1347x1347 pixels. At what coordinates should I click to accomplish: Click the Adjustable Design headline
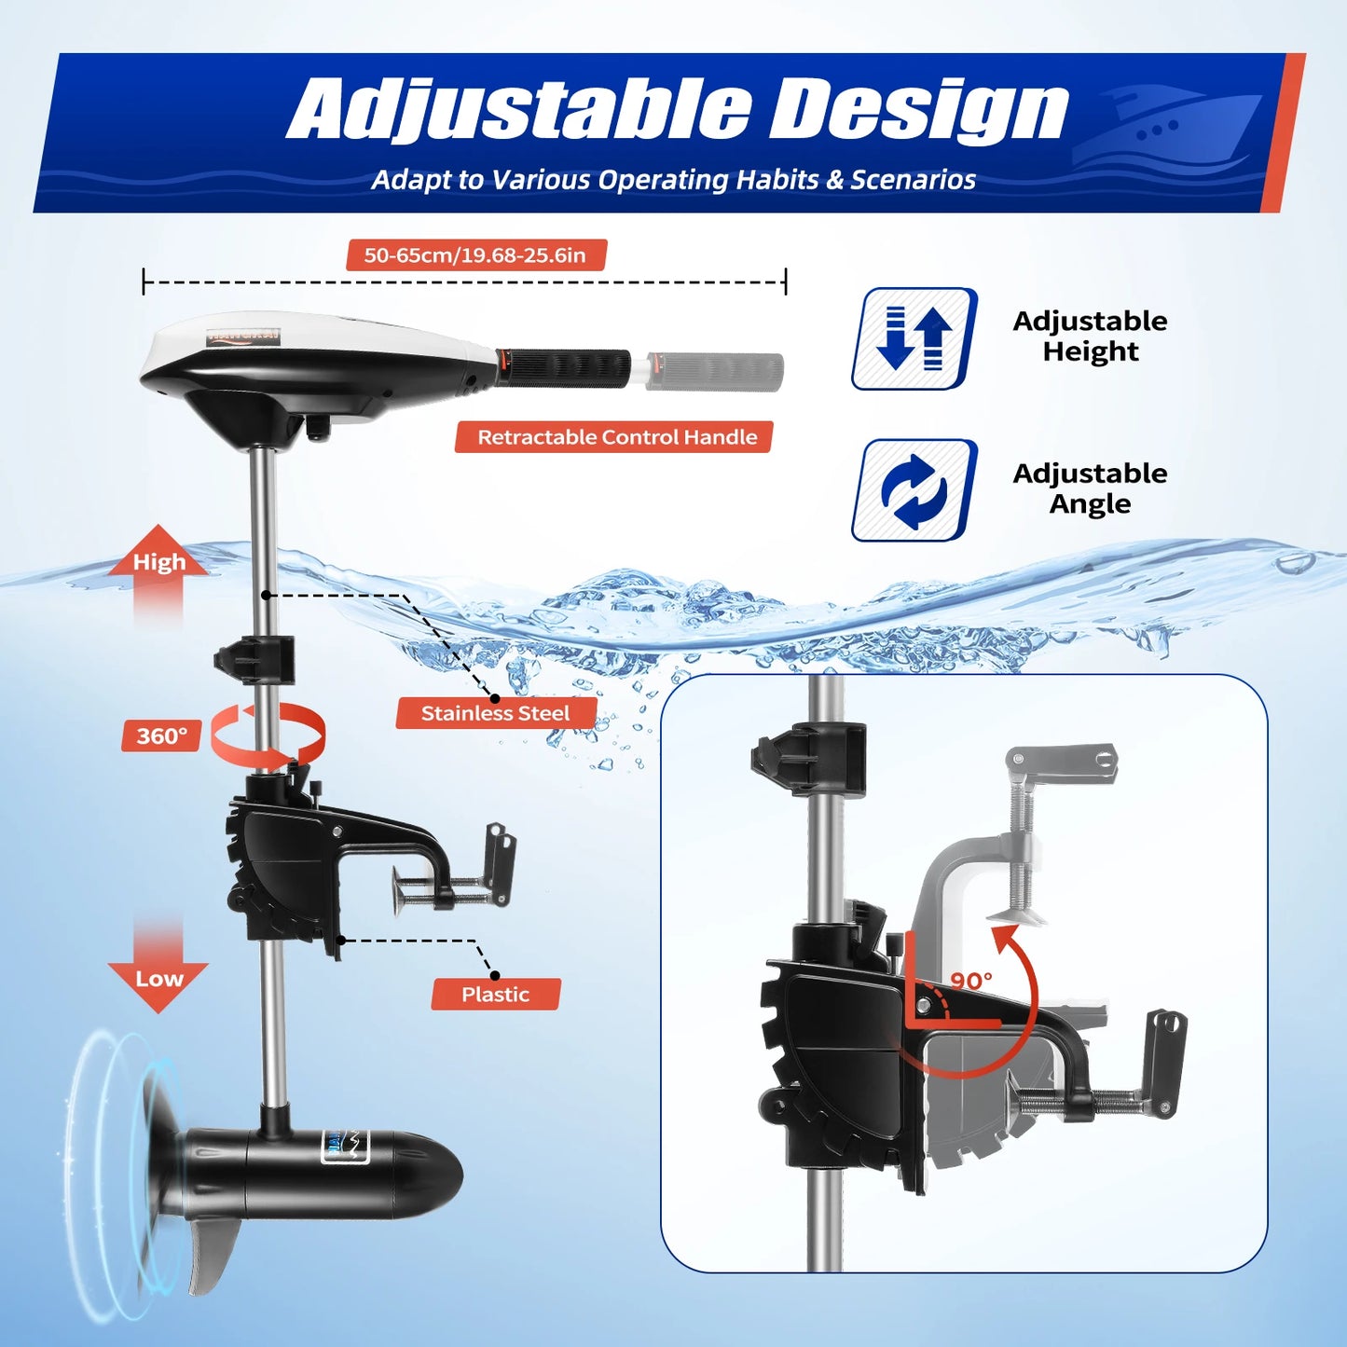[x=677, y=109]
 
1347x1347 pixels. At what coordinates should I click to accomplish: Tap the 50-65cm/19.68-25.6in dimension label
[x=475, y=255]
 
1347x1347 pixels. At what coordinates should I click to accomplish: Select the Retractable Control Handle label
[x=614, y=437]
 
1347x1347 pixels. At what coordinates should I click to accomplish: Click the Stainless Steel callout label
[x=495, y=713]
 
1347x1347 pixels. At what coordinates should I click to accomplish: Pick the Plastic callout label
[x=495, y=995]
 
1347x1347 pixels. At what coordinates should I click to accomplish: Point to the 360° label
[x=161, y=736]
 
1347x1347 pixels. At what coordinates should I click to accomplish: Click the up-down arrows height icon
[x=914, y=338]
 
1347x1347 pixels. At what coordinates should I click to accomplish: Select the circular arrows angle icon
[x=914, y=490]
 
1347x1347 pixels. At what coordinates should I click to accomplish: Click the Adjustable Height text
[x=1090, y=337]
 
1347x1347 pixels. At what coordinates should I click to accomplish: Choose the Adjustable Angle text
[x=1090, y=488]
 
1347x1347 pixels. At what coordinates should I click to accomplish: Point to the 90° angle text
[x=971, y=981]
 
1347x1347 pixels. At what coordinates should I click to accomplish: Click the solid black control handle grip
[x=563, y=367]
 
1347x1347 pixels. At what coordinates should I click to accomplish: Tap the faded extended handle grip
[x=714, y=371]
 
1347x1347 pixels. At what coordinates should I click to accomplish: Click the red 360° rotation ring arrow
[x=268, y=736]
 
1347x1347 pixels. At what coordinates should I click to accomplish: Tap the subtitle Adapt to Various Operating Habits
[x=673, y=180]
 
